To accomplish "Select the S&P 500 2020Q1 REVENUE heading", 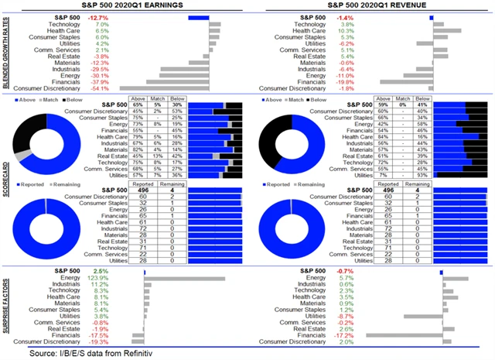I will coord(371,6).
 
